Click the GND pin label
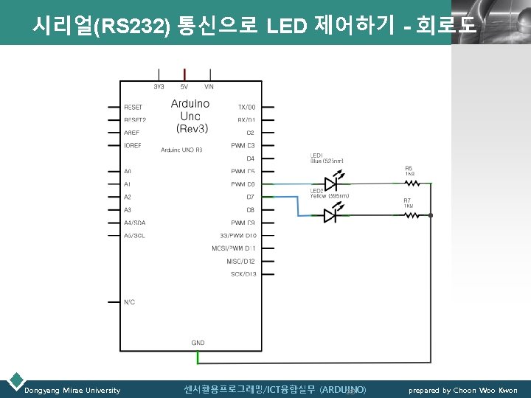coord(198,343)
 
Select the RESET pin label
coord(133,107)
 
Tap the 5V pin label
coord(184,87)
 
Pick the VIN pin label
coord(209,87)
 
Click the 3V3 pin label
coord(159,87)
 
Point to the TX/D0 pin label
coord(246,107)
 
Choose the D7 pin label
coord(250,197)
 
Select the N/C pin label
coord(129,301)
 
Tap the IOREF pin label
coord(133,145)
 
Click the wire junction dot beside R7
coord(431,215)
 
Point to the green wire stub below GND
coord(198,357)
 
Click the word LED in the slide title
coord(286,27)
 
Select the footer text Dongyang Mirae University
coord(72,390)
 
